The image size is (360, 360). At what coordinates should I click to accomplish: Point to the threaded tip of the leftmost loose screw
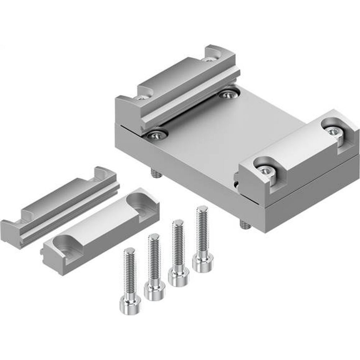click(129, 252)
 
